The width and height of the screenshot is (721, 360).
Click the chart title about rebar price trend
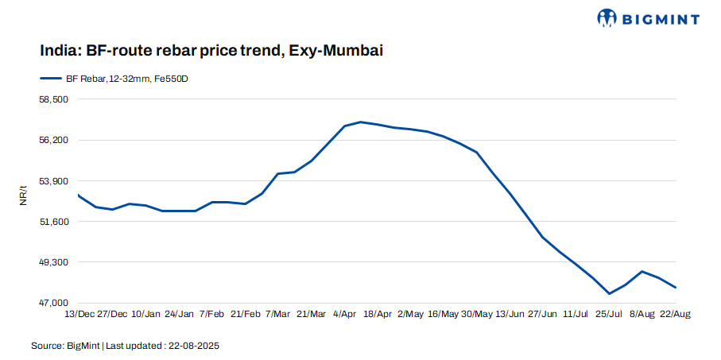[x=212, y=51]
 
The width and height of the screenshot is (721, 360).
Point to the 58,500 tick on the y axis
[x=54, y=99]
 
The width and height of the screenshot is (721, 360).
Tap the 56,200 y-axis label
[x=54, y=140]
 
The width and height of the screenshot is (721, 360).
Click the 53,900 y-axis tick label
[x=54, y=180]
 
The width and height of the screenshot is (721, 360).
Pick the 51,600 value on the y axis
[x=54, y=221]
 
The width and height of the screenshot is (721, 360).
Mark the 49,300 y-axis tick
[x=54, y=262]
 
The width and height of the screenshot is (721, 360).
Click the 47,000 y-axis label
[x=54, y=303]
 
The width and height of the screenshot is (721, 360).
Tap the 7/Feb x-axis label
[x=212, y=315]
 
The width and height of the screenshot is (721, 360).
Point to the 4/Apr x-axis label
[x=344, y=315]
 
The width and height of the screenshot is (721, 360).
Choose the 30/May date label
[x=477, y=315]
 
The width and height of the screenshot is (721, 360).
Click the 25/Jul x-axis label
[x=609, y=315]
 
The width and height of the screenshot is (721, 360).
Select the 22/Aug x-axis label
[x=675, y=315]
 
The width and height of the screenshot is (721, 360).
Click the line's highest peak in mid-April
[x=360, y=122]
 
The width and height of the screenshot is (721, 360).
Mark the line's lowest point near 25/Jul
[x=609, y=294]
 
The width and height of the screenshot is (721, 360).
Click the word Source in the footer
[x=46, y=346]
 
